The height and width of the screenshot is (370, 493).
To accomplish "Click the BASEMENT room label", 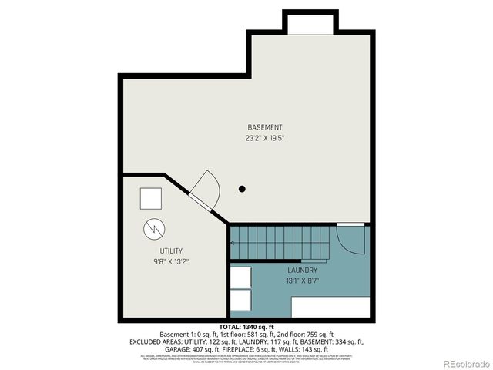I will pos(264,127).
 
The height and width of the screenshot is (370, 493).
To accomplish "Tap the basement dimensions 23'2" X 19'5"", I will pos(264,138).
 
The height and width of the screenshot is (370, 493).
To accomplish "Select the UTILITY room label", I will pos(170,251).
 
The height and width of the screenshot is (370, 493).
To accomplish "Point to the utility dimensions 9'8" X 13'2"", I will pos(170,262).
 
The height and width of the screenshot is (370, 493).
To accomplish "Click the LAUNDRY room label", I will pos(302,271).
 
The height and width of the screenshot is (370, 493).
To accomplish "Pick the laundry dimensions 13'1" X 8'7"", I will pos(302,281).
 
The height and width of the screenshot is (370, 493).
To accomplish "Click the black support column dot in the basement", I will pos(242,188).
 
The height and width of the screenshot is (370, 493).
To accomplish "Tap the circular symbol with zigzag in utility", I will pos(153,228).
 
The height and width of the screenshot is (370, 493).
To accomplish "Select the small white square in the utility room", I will pos(151,198).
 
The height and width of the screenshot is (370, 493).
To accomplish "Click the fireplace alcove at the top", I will pos(312,24).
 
